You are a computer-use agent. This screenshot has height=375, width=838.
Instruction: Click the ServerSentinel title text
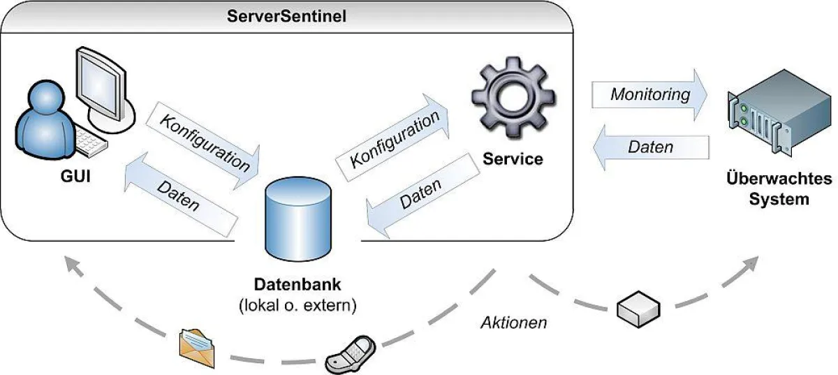[287, 15]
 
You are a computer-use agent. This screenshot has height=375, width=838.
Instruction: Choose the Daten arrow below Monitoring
[650, 147]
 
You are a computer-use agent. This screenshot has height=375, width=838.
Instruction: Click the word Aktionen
[513, 323]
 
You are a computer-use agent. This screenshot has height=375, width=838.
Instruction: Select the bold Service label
[513, 159]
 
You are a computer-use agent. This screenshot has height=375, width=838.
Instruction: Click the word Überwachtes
[779, 179]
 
